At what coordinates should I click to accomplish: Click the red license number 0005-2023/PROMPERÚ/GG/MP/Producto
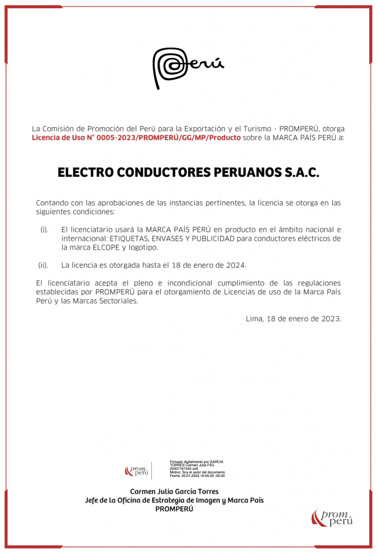click(x=136, y=138)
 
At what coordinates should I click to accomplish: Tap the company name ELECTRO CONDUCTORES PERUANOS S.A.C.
click(x=189, y=173)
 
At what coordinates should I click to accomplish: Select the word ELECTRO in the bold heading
click(x=85, y=173)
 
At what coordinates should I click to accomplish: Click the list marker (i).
click(x=44, y=230)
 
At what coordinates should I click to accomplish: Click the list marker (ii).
click(x=43, y=265)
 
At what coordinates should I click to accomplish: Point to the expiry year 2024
click(x=236, y=265)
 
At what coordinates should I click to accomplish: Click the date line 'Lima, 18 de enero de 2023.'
click(x=293, y=319)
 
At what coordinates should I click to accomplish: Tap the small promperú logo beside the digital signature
click(x=136, y=471)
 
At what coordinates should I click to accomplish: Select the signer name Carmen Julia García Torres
click(x=174, y=492)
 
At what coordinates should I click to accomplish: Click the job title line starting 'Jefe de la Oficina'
click(x=174, y=500)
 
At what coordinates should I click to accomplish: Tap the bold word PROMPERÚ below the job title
click(x=174, y=509)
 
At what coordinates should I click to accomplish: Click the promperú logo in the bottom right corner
click(x=332, y=518)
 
